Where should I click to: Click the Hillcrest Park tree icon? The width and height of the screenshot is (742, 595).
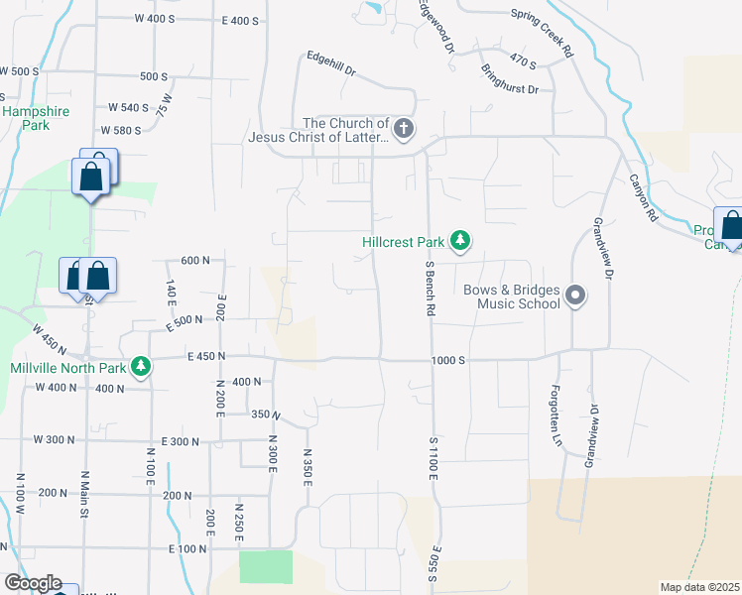[459, 240]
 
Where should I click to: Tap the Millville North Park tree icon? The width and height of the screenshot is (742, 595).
[142, 367]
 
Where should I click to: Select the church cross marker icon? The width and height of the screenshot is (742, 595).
[403, 128]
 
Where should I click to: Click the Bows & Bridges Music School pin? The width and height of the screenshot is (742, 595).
[574, 295]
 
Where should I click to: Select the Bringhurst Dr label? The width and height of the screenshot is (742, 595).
[508, 79]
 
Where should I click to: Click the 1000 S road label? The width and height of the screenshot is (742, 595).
[448, 361]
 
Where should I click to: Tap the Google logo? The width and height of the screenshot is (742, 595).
[32, 583]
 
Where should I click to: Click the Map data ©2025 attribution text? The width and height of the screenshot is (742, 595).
[698, 587]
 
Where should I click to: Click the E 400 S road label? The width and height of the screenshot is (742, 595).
[240, 21]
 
